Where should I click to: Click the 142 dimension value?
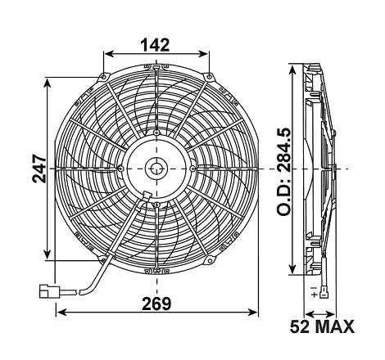(x=155, y=45)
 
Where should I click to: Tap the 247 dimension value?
(x=39, y=169)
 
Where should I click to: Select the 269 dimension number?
(x=156, y=304)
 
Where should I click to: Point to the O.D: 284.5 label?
(x=284, y=172)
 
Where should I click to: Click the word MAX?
(x=334, y=326)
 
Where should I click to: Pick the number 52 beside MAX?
(x=300, y=326)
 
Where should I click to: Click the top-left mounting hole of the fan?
(x=103, y=77)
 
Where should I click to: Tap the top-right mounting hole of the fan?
(x=209, y=77)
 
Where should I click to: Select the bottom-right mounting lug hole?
(x=210, y=260)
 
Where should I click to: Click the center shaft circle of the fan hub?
(x=156, y=169)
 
